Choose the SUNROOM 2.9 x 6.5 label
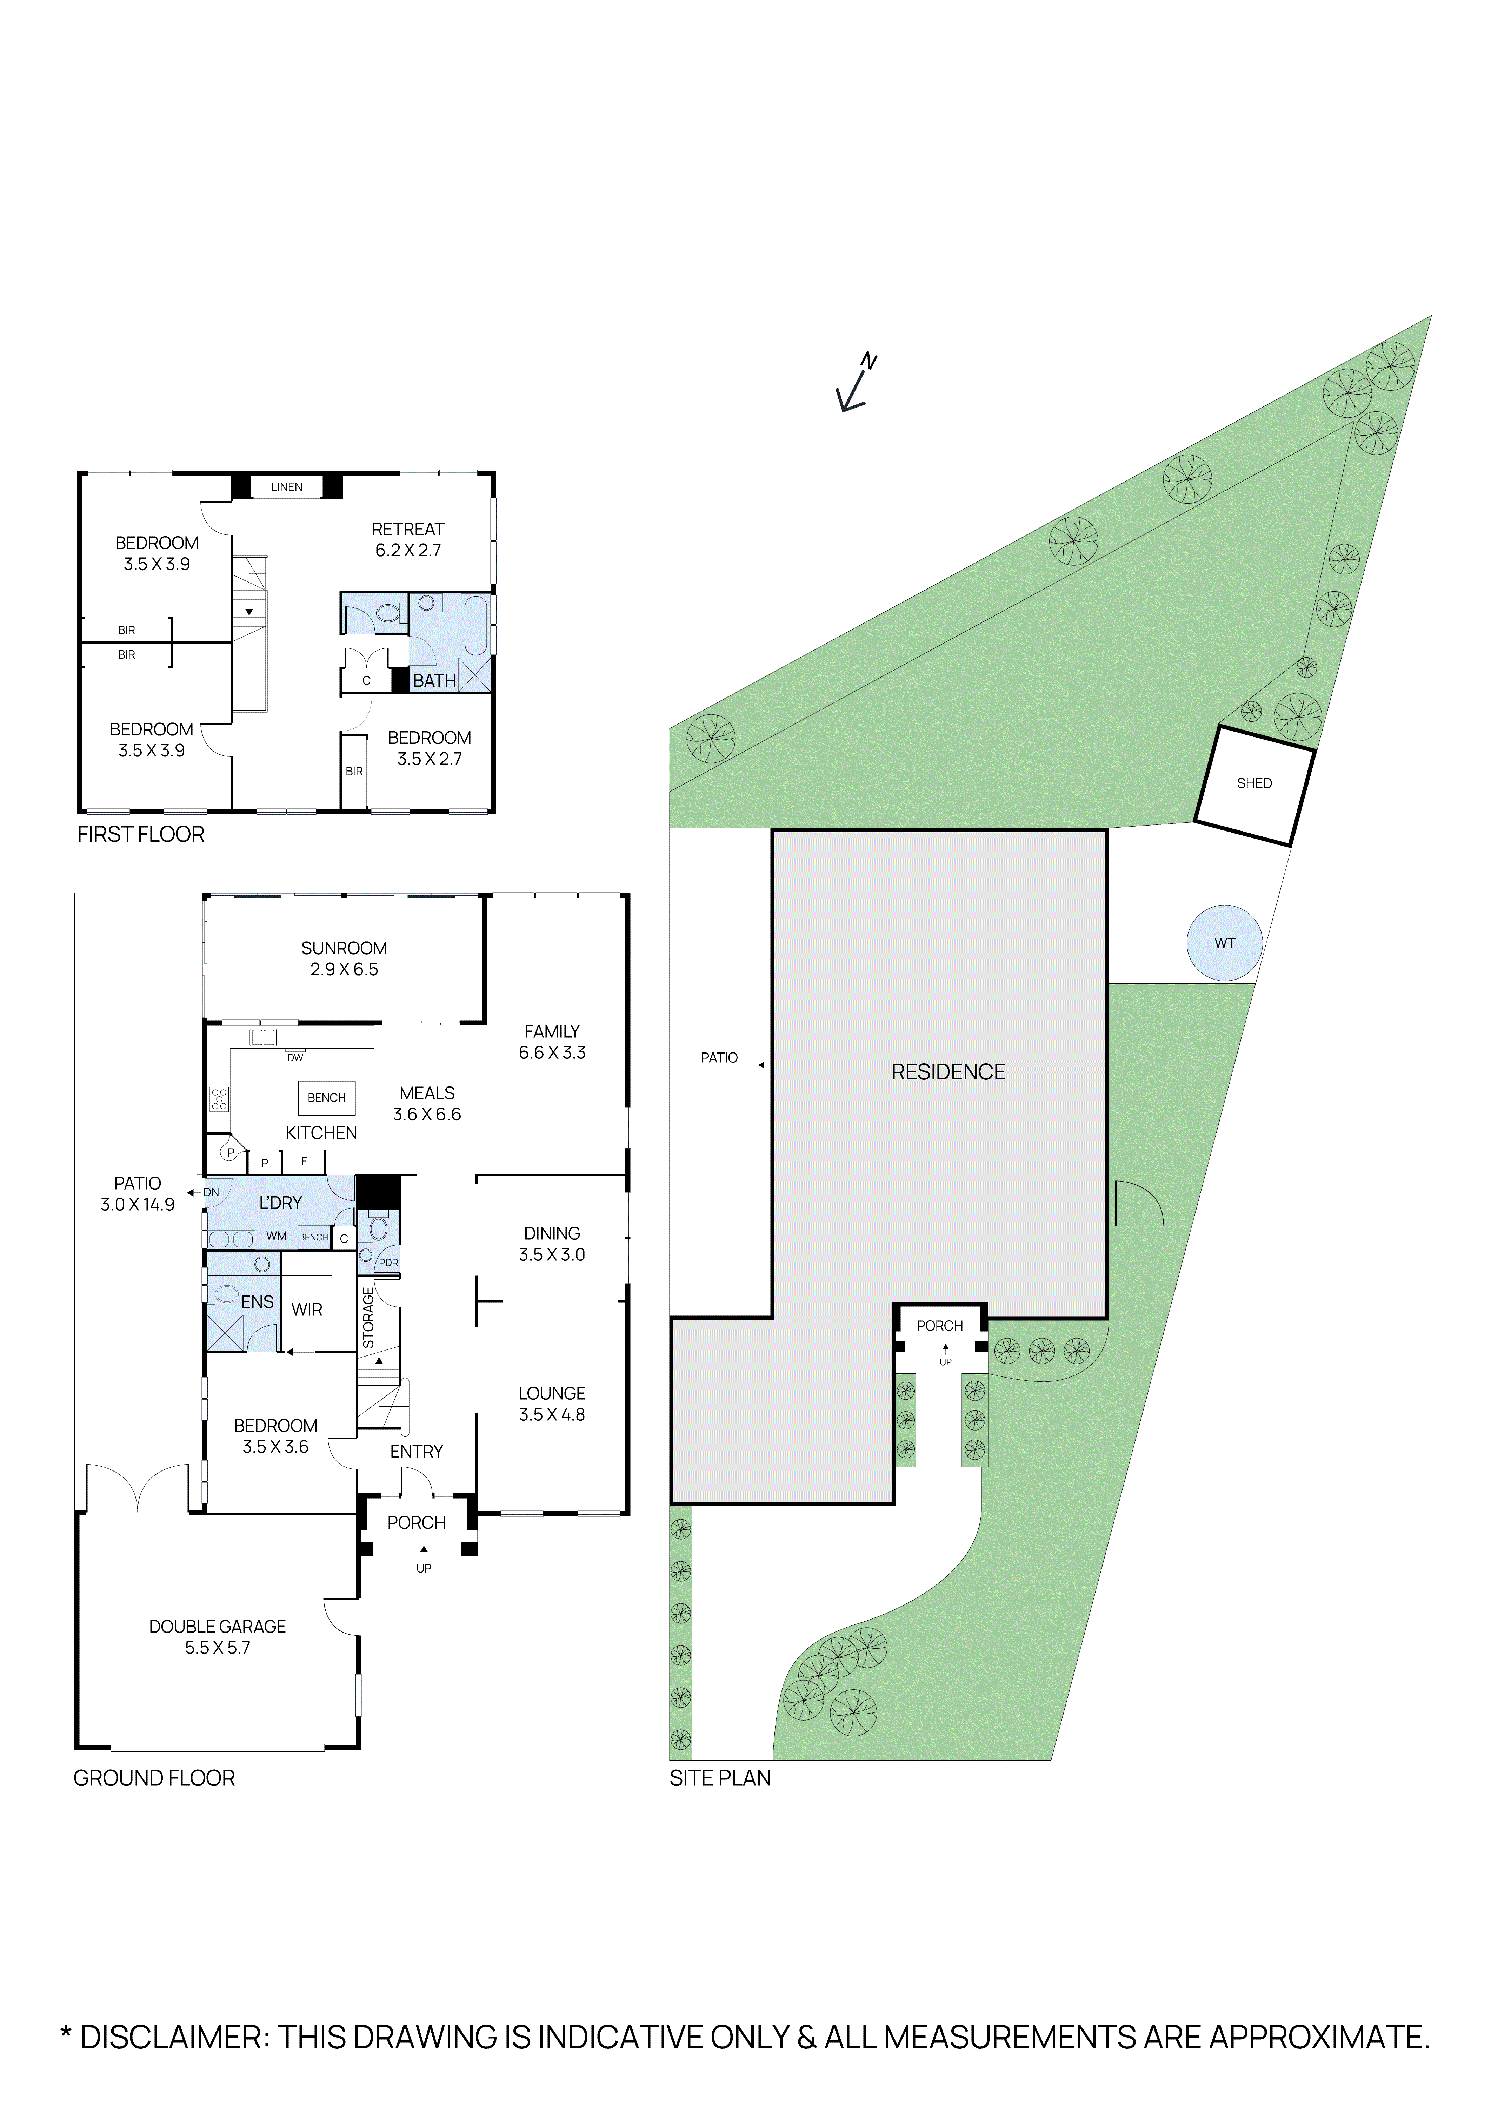click(344, 958)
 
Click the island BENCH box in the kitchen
click(327, 1098)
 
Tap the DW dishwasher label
click(295, 1058)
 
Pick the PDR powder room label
click(388, 1263)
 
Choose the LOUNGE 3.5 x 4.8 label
click(552, 1403)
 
